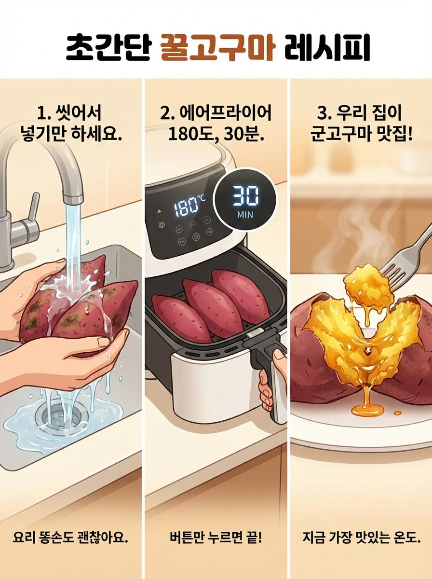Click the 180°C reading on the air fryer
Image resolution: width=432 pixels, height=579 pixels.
188,205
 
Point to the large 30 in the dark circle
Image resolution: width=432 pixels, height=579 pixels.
245,196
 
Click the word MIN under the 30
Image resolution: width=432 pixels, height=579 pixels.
245,215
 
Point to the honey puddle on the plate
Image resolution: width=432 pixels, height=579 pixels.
367,410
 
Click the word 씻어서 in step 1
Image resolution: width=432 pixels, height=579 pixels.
78,114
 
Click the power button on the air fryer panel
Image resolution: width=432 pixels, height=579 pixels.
162,225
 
